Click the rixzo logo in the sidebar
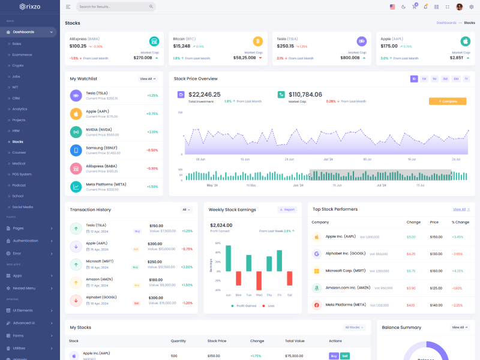point(29,7)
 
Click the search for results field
point(116,7)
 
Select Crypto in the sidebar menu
point(18,65)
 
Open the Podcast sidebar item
point(19,185)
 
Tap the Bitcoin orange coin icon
point(258,41)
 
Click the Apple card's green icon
point(465,41)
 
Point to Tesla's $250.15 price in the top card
point(286,46)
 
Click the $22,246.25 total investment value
point(204,94)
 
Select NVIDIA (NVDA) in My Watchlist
point(98,130)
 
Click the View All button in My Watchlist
point(148,79)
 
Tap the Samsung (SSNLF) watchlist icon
point(76,150)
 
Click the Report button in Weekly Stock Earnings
point(287,209)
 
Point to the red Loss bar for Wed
point(259,281)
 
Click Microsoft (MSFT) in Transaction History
point(100,262)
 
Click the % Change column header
point(460,222)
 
